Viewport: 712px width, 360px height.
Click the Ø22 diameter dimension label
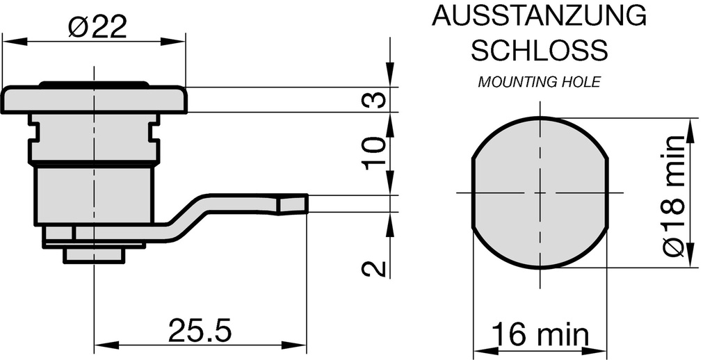click(x=97, y=28)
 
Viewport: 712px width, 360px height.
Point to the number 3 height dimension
click(x=375, y=99)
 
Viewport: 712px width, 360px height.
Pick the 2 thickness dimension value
click(x=375, y=268)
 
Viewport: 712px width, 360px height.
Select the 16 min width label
click(x=540, y=336)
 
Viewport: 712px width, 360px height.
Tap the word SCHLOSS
click(x=540, y=50)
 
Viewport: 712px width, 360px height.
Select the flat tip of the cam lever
click(x=292, y=204)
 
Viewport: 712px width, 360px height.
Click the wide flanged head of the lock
click(x=94, y=100)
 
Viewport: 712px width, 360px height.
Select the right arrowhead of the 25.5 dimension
click(x=300, y=345)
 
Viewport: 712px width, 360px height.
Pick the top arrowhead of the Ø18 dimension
click(x=690, y=126)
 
